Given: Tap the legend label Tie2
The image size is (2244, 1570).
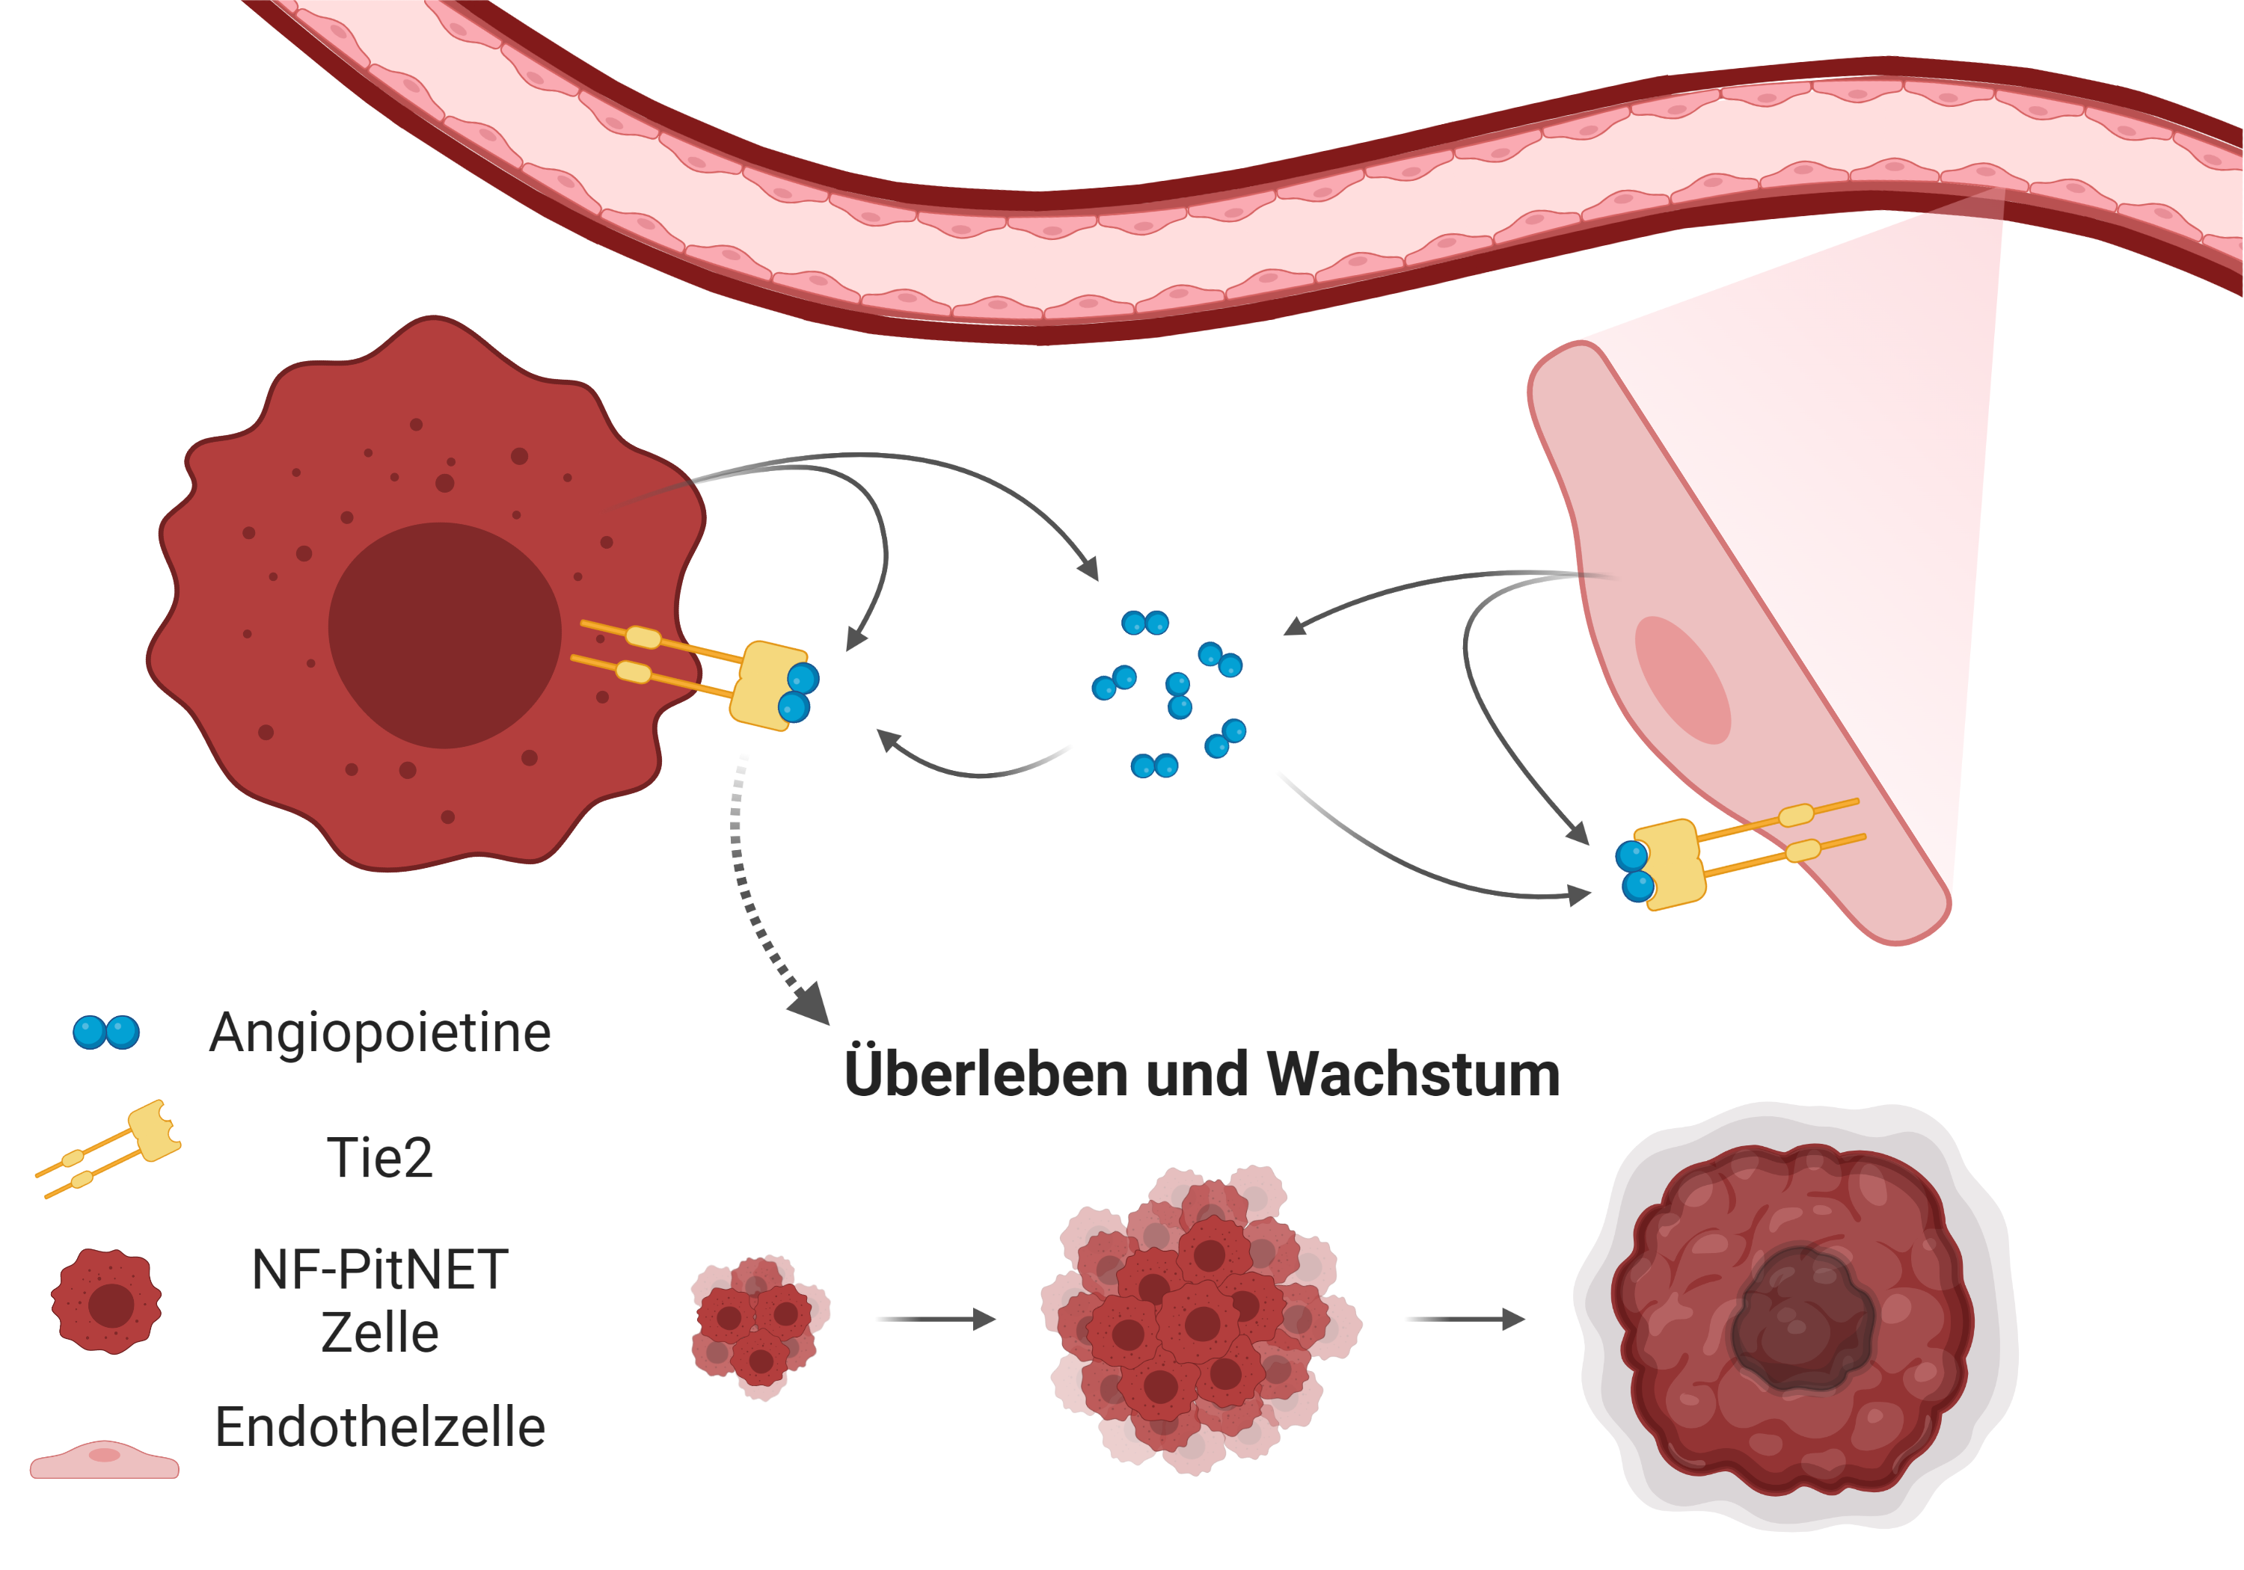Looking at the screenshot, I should [x=379, y=1159].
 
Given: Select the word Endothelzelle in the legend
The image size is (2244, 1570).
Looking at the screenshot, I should [x=380, y=1427].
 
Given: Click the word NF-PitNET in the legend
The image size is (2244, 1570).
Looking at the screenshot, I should [x=380, y=1270].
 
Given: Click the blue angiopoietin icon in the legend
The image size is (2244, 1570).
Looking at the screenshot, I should [x=106, y=1032].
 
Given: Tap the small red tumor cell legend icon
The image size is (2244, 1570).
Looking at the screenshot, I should [x=106, y=1302].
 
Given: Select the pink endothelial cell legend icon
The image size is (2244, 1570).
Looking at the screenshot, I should [x=105, y=1459].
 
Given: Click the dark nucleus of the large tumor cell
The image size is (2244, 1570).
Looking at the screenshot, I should [x=445, y=635].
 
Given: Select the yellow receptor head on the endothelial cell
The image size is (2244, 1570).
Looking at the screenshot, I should [x=1670, y=863].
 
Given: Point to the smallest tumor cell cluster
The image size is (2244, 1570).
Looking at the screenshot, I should [x=758, y=1325].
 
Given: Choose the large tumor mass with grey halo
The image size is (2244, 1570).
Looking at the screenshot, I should [x=1794, y=1319].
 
